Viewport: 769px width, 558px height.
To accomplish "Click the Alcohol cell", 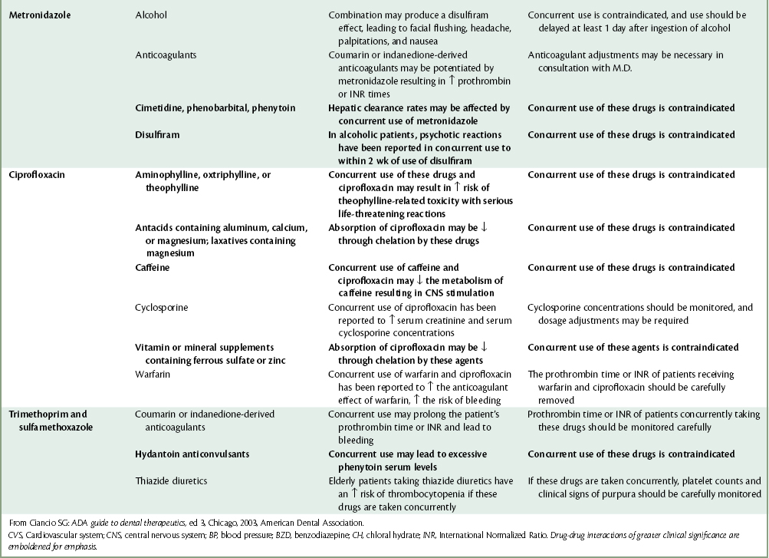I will click(150, 15).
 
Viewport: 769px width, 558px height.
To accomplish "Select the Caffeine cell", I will click(153, 268).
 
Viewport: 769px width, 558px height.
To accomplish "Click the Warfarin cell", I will click(153, 374).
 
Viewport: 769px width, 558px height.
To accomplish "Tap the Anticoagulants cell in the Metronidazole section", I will click(161, 55).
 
